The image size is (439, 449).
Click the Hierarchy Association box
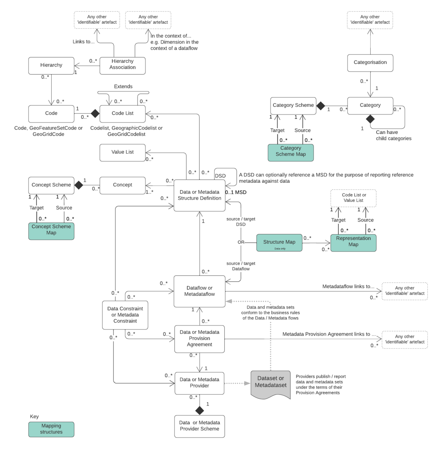123,66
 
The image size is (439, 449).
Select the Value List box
123,152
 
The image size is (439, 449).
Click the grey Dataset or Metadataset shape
271,383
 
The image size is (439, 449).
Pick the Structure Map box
279,242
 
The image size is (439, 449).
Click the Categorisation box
370,63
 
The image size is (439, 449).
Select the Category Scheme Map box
290,152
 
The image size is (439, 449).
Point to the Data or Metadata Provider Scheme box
199,426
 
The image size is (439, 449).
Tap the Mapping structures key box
51,429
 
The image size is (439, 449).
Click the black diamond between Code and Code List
95,113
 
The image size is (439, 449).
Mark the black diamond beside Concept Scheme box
79,185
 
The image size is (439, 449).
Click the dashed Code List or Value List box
353,198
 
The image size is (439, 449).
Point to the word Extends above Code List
123,86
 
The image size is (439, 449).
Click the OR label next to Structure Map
241,242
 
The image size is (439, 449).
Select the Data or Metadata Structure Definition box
199,195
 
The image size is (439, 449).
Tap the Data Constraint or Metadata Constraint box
125,315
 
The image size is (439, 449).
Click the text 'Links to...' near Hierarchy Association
83,42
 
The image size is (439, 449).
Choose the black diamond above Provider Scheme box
199,410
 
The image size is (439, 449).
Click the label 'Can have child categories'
393,136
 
